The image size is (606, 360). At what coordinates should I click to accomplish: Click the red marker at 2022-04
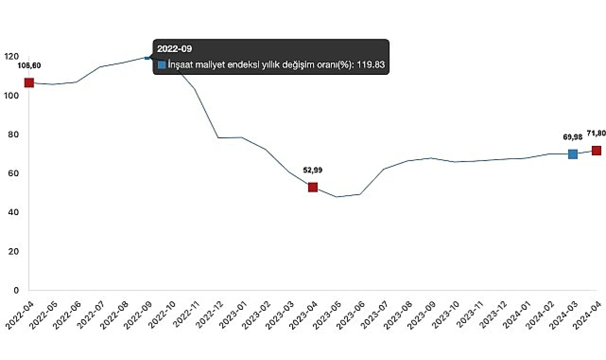[29, 83]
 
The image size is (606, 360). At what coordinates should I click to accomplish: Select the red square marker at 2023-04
[312, 187]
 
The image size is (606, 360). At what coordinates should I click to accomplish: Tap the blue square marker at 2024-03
[573, 154]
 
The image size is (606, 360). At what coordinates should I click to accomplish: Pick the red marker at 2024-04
[597, 151]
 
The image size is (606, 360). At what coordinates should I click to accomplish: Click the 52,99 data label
[312, 170]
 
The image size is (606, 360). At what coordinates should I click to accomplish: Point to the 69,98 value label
[572, 137]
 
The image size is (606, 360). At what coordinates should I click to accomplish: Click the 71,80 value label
[596, 133]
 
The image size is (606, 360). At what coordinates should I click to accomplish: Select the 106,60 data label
[29, 65]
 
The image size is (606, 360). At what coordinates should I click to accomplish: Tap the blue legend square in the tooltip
[162, 64]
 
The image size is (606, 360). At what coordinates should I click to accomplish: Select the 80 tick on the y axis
[13, 135]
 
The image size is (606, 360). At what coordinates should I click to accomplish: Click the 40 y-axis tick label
[13, 212]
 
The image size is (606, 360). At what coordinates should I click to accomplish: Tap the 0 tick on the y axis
[16, 290]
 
